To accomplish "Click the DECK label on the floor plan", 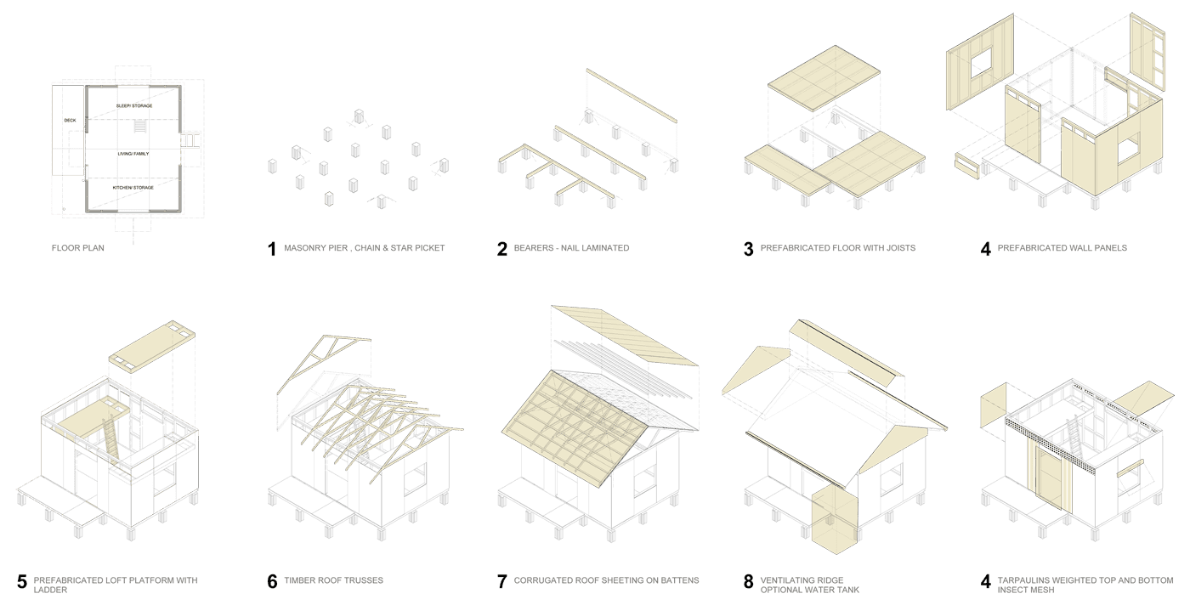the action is tap(70, 121).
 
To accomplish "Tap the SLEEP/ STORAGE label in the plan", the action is tap(134, 105).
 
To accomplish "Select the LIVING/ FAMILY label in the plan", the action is tap(133, 154).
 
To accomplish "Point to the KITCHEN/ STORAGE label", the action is tap(133, 188).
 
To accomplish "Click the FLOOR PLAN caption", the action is tap(78, 248).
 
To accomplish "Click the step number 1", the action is tap(272, 249).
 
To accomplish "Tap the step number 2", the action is tap(502, 249).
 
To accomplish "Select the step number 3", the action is tap(749, 249).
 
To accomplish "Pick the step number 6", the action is tap(272, 581).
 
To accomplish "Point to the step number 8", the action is tap(749, 581).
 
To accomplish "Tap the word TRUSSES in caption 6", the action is tap(365, 580).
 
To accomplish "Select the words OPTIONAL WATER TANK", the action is tap(809, 590).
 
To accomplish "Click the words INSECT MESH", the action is tap(1026, 590).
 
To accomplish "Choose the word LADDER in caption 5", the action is tap(50, 590).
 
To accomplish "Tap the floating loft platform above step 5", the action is tap(152, 347).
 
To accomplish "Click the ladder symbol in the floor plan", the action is tap(139, 127).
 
